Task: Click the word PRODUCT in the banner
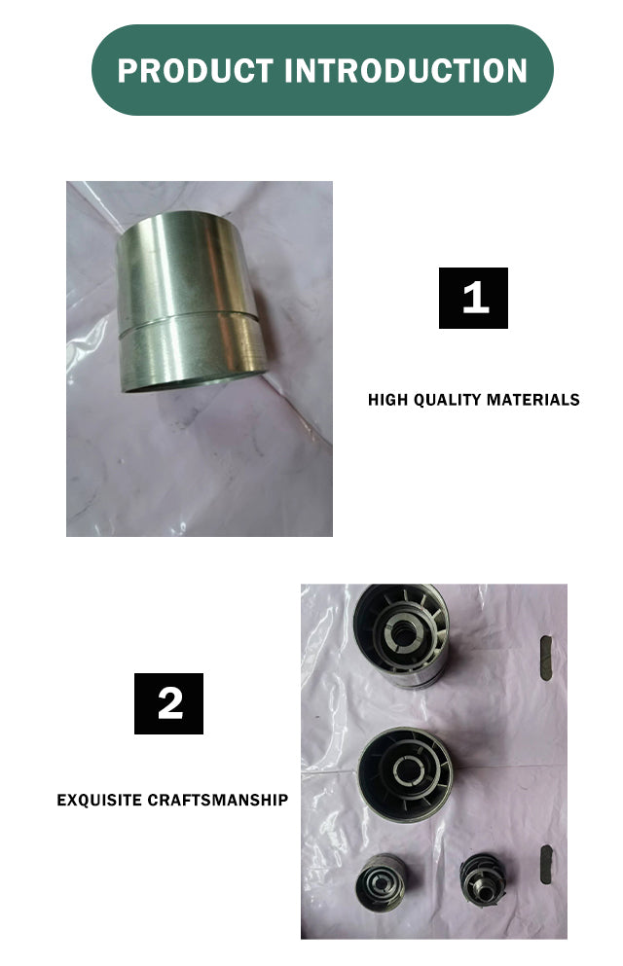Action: [x=196, y=70]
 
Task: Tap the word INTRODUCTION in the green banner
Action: [x=406, y=70]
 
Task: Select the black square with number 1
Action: [x=473, y=298]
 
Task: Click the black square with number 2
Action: [x=168, y=703]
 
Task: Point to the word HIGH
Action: [x=388, y=400]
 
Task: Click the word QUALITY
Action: [x=447, y=400]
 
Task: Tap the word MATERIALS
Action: [x=533, y=400]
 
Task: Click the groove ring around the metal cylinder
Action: [x=189, y=323]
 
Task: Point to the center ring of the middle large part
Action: [x=407, y=770]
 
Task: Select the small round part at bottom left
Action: [x=382, y=882]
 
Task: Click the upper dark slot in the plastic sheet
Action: [x=545, y=658]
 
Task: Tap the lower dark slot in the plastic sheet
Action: [x=546, y=865]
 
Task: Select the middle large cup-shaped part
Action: [x=406, y=774]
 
